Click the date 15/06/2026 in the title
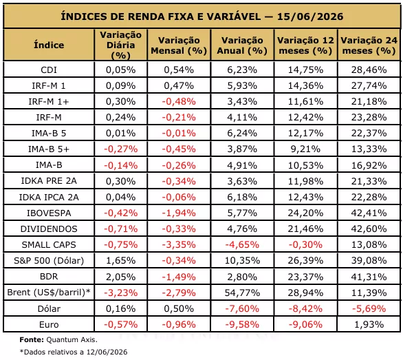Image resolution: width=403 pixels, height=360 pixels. [310, 17]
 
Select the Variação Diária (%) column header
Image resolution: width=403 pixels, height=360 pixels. [121, 45]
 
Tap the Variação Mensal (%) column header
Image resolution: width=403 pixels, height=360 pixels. [179, 45]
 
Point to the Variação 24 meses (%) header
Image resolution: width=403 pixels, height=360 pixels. [369, 45]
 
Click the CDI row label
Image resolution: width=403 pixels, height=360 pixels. [49, 70]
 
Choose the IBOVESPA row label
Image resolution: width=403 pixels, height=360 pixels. [49, 213]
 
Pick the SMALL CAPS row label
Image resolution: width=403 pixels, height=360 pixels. [49, 245]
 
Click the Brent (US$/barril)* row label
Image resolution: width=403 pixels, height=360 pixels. [49, 293]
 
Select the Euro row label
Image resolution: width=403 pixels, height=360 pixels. [49, 324]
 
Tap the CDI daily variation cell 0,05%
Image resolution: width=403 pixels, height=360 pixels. [121, 70]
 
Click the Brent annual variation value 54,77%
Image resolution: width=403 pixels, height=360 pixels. [242, 293]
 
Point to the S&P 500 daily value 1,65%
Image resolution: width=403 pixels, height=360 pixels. [121, 261]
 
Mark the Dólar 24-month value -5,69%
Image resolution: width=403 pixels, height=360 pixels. [369, 308]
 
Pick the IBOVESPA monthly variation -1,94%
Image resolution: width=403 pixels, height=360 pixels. [179, 213]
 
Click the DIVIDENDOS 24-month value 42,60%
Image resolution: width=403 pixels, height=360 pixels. [369, 229]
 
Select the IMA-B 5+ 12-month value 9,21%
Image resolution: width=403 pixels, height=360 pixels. [305, 149]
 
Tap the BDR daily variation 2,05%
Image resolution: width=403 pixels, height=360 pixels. [121, 277]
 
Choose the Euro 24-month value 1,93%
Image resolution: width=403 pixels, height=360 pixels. [369, 324]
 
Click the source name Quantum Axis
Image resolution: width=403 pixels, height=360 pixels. [72, 340]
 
